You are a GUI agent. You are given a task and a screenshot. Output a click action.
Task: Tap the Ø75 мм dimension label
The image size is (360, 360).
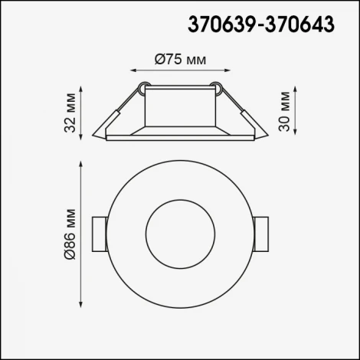181,61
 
